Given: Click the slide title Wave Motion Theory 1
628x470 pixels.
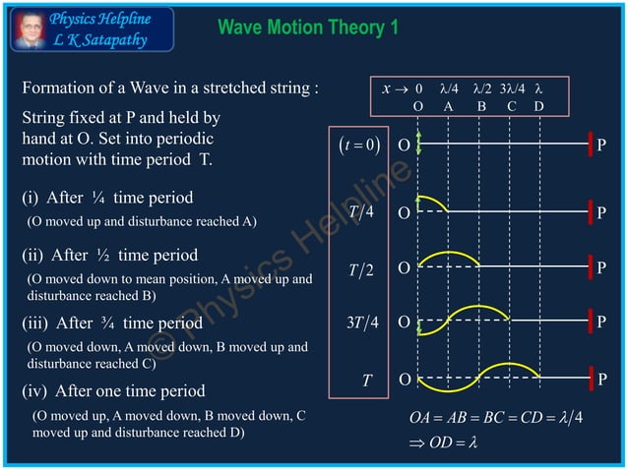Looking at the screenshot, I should click(308, 27).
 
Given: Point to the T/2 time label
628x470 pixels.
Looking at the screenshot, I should click(359, 268).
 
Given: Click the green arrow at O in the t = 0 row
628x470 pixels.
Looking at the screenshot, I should click(419, 144).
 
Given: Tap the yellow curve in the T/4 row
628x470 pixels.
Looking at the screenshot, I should click(433, 201).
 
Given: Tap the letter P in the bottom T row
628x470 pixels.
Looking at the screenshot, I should click(602, 380).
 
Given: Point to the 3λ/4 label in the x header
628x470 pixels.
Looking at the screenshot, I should click(513, 88).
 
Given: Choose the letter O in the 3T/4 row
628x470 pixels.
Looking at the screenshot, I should click(403, 322).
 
